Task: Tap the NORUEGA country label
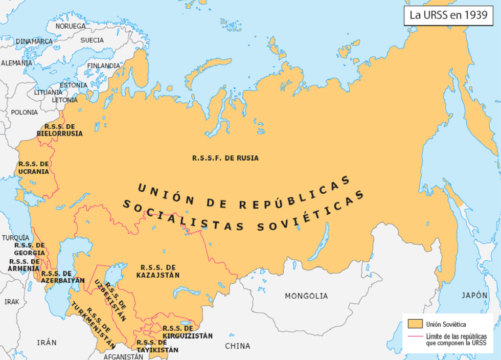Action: [x=71, y=26]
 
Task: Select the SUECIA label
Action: [x=92, y=40]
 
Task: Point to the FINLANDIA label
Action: [x=104, y=66]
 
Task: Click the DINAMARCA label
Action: [x=34, y=41]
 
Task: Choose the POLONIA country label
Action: [x=24, y=112]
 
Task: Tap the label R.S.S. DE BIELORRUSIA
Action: [x=60, y=130]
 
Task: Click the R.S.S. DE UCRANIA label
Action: [x=34, y=168]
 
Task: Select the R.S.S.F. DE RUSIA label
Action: [x=225, y=158]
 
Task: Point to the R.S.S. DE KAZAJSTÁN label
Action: [x=158, y=271]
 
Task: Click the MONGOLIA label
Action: [x=306, y=296]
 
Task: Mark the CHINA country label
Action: [x=238, y=346]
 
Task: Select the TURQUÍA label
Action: [x=15, y=238]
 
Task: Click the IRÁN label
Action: [x=47, y=343]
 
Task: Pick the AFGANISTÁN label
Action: [x=123, y=356]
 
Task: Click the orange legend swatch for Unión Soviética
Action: [x=415, y=324]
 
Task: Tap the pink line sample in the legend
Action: [x=415, y=336]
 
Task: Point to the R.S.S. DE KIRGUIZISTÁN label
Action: [x=187, y=332]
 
